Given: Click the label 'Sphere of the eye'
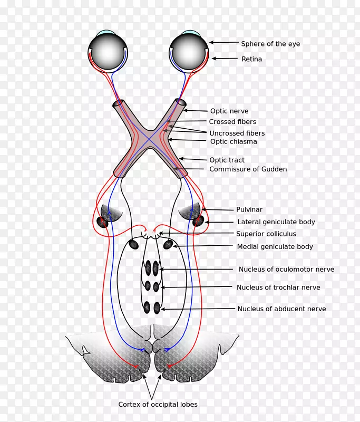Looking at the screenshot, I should (x=270, y=44).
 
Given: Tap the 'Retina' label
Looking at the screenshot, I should (x=251, y=59).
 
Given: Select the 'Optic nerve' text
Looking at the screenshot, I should (x=229, y=111).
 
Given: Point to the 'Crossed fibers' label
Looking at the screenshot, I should (x=232, y=122).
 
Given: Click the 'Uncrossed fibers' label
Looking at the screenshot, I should (x=237, y=133).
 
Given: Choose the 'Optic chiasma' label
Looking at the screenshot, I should (x=233, y=141).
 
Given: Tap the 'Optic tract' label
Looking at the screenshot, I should (x=227, y=160).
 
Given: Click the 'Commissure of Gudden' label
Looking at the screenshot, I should (x=248, y=169).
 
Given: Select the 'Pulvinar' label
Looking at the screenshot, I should (x=249, y=209).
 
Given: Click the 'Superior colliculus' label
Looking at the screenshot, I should (x=266, y=234).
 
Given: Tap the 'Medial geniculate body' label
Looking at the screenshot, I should (x=275, y=246).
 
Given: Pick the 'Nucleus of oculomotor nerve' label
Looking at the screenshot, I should (x=286, y=269).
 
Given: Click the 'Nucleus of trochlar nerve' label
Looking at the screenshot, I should (x=278, y=287).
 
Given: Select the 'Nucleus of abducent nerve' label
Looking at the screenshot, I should (x=281, y=309).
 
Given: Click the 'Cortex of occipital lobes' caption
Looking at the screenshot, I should (x=158, y=405).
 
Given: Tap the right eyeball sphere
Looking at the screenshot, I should (x=188, y=51).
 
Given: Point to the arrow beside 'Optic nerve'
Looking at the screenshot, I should (x=195, y=111).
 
